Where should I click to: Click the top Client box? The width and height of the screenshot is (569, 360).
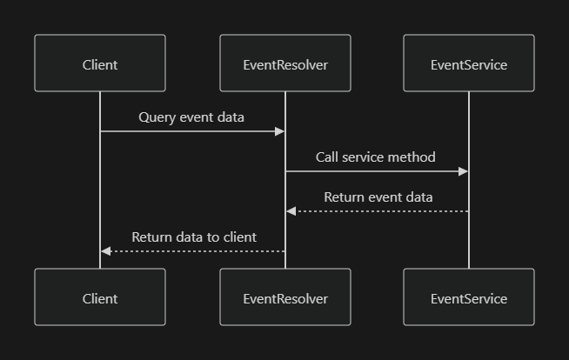[x=100, y=63]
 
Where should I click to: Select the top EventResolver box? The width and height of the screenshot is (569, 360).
[x=285, y=63]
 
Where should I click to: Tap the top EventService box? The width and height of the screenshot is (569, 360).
[x=469, y=63]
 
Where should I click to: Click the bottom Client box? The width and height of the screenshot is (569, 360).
[x=100, y=297]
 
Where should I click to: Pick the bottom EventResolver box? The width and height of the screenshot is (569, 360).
[x=285, y=297]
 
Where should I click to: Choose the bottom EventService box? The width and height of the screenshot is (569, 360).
[x=469, y=297]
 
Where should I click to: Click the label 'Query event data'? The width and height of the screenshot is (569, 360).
[x=191, y=117]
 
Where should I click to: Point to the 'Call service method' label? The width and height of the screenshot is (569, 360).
[x=376, y=157]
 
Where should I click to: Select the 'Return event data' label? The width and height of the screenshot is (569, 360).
[x=378, y=197]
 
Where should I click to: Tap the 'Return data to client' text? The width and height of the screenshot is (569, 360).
[x=194, y=237]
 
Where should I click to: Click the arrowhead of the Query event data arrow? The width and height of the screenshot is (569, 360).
[x=280, y=131]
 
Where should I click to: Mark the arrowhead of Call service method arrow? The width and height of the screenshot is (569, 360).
[x=464, y=171]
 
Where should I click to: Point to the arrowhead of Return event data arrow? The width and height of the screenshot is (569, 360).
[x=291, y=211]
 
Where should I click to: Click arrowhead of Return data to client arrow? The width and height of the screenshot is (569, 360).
[x=105, y=251]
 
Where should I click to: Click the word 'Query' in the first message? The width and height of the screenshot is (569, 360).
[x=157, y=117]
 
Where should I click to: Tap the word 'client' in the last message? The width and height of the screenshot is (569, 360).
[x=239, y=237]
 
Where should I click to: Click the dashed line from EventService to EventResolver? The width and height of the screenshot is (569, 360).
[x=383, y=211]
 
